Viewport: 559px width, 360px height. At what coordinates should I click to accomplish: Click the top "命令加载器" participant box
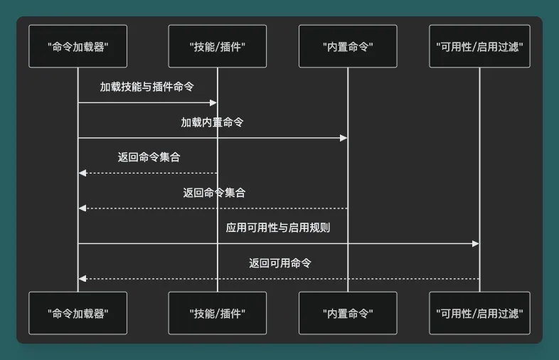pos(78,46)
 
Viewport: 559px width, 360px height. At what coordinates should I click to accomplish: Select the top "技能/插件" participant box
pos(218,46)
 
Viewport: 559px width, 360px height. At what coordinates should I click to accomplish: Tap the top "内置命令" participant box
pos(348,46)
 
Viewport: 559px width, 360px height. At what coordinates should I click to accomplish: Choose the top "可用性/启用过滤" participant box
pos(479,46)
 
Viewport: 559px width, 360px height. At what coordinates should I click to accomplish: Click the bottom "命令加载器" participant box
pos(78,313)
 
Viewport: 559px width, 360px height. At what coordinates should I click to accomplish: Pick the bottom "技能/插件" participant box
pos(218,313)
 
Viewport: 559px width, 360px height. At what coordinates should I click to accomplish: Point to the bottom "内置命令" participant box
pos(348,313)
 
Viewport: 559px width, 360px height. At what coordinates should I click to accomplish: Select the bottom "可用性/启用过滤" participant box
pos(479,313)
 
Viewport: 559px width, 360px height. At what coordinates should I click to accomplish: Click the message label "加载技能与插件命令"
pos(147,87)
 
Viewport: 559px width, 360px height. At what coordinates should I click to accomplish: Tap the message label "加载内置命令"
pos(212,122)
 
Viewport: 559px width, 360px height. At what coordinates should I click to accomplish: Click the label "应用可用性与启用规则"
pos(278,228)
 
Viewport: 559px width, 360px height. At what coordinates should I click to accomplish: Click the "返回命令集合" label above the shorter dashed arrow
pos(149,157)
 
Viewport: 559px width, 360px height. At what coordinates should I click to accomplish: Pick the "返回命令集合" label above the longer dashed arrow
pos(214,193)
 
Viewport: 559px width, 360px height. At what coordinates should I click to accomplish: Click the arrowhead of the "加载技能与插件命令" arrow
pos(213,102)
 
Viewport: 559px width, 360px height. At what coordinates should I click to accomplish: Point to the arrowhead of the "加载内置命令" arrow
pos(344,137)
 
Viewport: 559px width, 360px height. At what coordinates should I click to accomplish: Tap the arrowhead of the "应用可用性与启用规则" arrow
pos(476,243)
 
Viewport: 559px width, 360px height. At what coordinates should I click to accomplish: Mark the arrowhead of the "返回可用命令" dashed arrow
pos(82,279)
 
